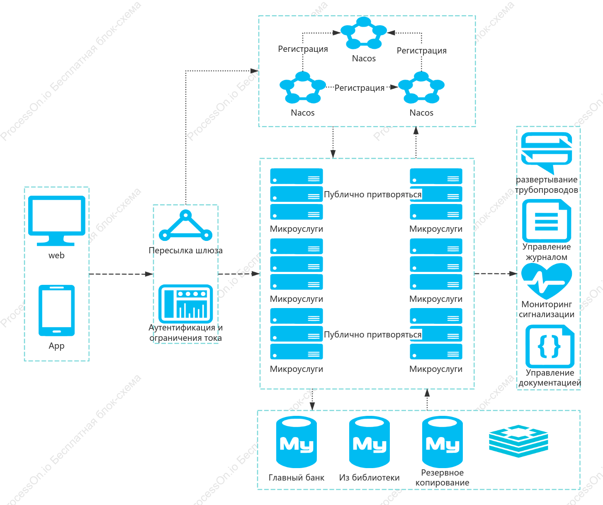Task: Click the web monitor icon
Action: (56, 221)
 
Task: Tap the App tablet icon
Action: (56, 311)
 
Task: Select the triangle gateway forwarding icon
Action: (185, 225)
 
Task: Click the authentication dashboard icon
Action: (185, 304)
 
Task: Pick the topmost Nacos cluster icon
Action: (364, 33)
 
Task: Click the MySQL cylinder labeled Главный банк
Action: (296, 442)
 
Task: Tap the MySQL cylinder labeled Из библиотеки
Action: (370, 442)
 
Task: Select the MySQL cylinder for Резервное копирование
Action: (443, 442)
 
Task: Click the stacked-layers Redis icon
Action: (518, 441)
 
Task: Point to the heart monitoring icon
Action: (547, 281)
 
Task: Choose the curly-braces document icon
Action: (550, 346)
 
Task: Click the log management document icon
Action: (547, 221)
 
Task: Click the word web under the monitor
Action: (56, 255)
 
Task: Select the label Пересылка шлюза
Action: (186, 250)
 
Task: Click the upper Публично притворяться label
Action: (372, 194)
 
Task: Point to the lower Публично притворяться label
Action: (372, 335)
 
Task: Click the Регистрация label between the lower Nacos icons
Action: (359, 88)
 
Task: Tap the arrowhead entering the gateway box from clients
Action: (149, 274)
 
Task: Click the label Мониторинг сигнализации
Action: (547, 309)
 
